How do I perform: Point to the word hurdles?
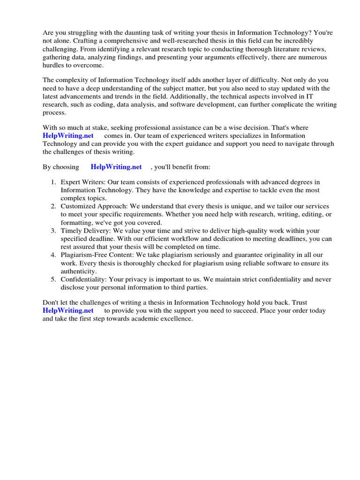tap(54, 65)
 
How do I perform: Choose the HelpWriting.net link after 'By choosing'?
tap(116, 166)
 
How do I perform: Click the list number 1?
tap(54, 182)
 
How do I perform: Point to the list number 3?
tap(54, 231)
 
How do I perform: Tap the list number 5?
tap(54, 279)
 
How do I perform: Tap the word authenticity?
tap(79, 271)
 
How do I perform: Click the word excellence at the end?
tap(174, 318)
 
